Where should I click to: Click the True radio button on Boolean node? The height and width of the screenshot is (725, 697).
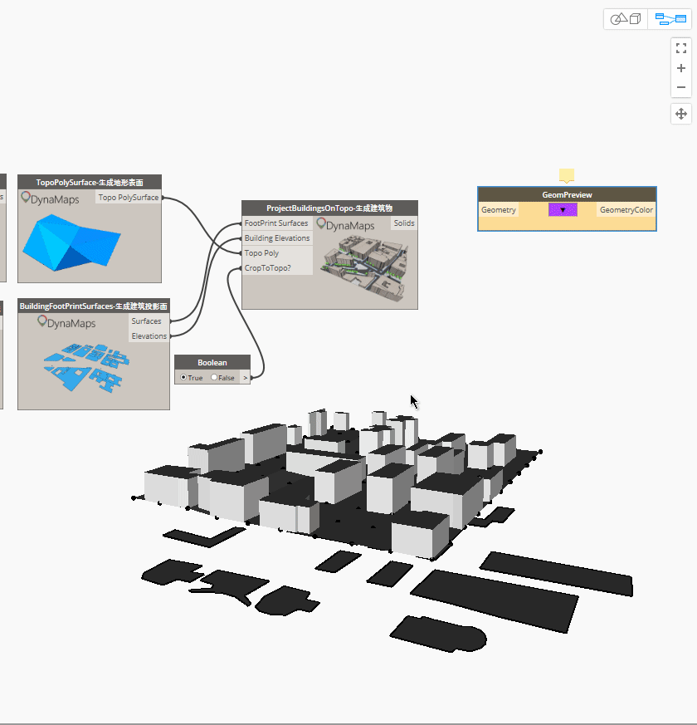click(183, 377)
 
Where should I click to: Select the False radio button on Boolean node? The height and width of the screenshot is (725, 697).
click(214, 377)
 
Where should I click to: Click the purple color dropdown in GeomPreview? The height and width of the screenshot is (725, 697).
click(563, 210)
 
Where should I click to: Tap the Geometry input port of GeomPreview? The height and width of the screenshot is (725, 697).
click(499, 210)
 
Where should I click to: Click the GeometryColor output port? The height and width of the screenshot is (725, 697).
click(626, 210)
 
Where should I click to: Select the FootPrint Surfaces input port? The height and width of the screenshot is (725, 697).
click(276, 223)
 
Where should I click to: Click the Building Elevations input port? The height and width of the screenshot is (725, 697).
click(277, 238)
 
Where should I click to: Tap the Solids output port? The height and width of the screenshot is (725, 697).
click(404, 223)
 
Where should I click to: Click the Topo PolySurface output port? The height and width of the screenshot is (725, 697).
click(129, 198)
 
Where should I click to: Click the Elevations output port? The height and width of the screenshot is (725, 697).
click(149, 336)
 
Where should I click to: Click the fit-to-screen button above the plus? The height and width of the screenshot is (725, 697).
click(681, 48)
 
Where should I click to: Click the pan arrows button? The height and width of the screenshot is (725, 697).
click(681, 114)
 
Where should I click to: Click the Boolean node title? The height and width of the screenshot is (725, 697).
click(212, 362)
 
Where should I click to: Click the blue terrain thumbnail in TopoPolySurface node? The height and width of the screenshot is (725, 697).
click(71, 242)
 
